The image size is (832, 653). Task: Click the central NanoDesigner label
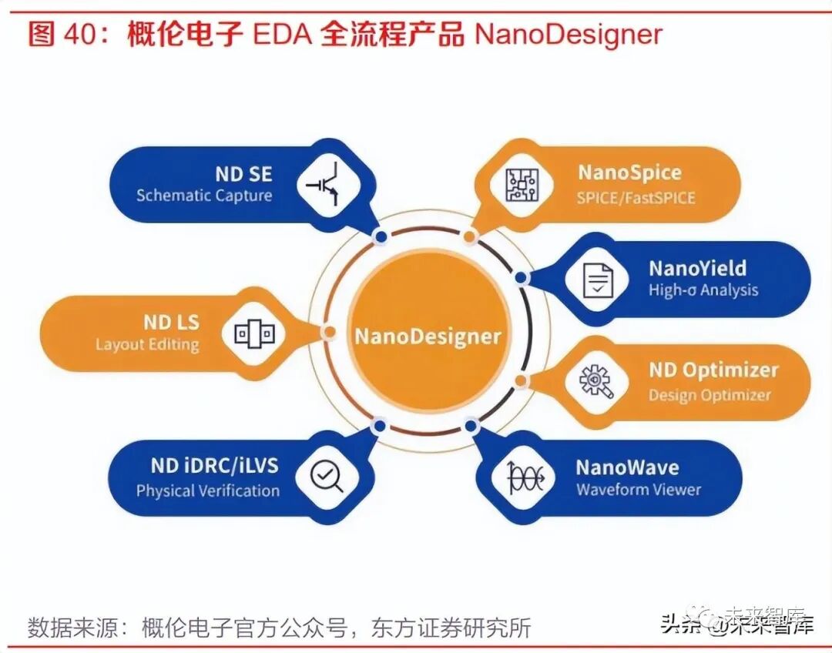pos(428,336)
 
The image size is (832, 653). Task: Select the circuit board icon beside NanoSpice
pos(522,185)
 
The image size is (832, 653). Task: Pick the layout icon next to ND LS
pos(254,333)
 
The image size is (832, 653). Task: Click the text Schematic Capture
pos(204,196)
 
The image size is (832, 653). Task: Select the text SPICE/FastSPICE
pos(636,198)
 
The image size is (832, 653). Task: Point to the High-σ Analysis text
pos(703,290)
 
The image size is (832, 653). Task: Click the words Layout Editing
pos(147,344)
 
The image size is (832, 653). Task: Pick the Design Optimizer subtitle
pos(709,395)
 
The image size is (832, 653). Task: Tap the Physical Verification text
pos(207,491)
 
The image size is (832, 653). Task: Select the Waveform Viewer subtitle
pos(639,490)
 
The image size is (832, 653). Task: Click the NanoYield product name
pos(697,268)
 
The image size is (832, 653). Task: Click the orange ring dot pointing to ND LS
pos(329,332)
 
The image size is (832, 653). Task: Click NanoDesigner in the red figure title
pos(569,35)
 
